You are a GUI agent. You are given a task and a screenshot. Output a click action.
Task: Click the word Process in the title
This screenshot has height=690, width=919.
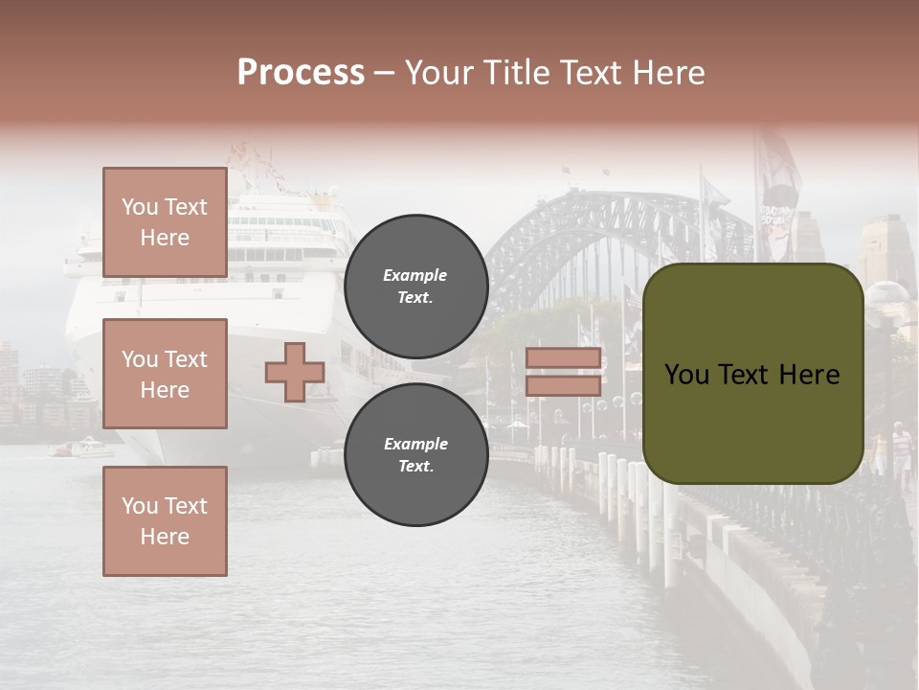click(301, 73)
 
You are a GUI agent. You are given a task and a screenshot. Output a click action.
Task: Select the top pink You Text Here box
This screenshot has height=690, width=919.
click(165, 222)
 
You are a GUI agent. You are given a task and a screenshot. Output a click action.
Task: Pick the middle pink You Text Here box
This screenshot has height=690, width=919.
click(165, 374)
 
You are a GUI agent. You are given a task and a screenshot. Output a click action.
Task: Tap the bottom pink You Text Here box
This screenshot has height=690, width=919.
click(165, 520)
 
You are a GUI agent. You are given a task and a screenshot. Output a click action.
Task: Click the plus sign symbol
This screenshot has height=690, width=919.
click(294, 373)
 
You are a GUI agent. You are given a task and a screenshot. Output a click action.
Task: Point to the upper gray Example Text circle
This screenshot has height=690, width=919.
click(415, 287)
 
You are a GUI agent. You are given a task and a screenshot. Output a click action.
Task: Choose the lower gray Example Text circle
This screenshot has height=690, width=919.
click(415, 455)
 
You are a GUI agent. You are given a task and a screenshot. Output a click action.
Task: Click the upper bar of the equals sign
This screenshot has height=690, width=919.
click(563, 358)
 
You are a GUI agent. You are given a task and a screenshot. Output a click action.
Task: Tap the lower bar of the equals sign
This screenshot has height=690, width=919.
click(563, 386)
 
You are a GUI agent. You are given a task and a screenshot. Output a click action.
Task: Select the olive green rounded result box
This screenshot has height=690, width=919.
click(752, 374)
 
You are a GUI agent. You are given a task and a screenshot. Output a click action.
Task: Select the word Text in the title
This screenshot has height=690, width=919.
click(594, 73)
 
